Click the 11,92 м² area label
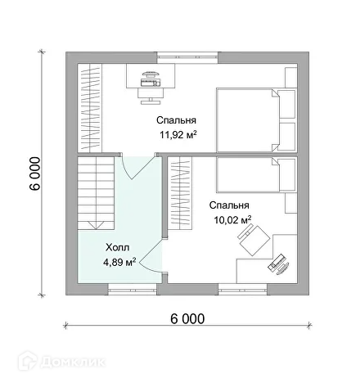(178, 135)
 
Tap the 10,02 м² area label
(232, 219)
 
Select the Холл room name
(118, 248)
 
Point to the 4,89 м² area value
(119, 263)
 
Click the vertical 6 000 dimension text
(35, 173)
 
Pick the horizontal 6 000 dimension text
(187, 318)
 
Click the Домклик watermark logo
(61, 361)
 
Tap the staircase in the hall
(96, 193)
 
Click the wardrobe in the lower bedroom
(180, 193)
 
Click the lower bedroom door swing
(152, 255)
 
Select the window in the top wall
(187, 57)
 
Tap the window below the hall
(133, 289)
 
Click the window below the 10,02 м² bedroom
(243, 289)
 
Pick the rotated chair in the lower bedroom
(254, 239)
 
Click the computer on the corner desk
(279, 264)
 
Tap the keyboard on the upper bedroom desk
(151, 82)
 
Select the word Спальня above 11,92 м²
(176, 120)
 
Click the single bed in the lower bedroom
(256, 174)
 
